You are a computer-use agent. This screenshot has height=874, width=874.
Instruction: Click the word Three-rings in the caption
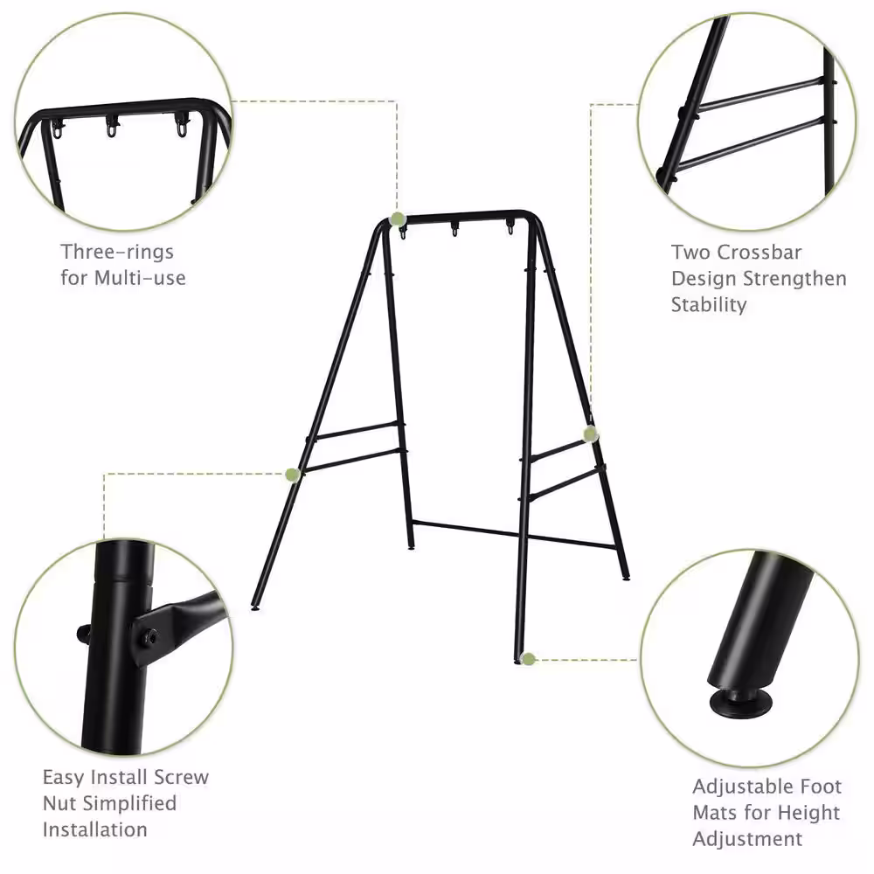pyautogui.click(x=117, y=252)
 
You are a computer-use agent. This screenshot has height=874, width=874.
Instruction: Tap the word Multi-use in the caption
pyautogui.click(x=140, y=278)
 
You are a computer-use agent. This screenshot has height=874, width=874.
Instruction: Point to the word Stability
pyautogui.click(x=709, y=305)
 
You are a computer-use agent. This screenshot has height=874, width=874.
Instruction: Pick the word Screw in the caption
pyautogui.click(x=181, y=777)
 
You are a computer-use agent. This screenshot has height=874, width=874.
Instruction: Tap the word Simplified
pyautogui.click(x=133, y=803)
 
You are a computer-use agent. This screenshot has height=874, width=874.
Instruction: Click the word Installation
pyautogui.click(x=94, y=829)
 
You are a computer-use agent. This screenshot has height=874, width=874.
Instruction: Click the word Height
pyautogui.click(x=808, y=813)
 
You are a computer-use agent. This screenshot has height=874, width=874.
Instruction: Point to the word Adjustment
pyautogui.click(x=747, y=839)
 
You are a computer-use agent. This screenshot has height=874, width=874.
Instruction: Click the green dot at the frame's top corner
pyautogui.click(x=397, y=219)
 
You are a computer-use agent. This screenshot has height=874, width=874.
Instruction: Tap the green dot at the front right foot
pyautogui.click(x=529, y=659)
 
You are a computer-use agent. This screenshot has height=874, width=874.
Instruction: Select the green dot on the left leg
pyautogui.click(x=293, y=475)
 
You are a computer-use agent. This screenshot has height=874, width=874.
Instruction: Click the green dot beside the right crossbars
pyautogui.click(x=591, y=434)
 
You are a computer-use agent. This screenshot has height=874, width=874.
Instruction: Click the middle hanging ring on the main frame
pyautogui.click(x=454, y=229)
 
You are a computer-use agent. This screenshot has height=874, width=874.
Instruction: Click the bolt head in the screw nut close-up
pyautogui.click(x=149, y=636)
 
